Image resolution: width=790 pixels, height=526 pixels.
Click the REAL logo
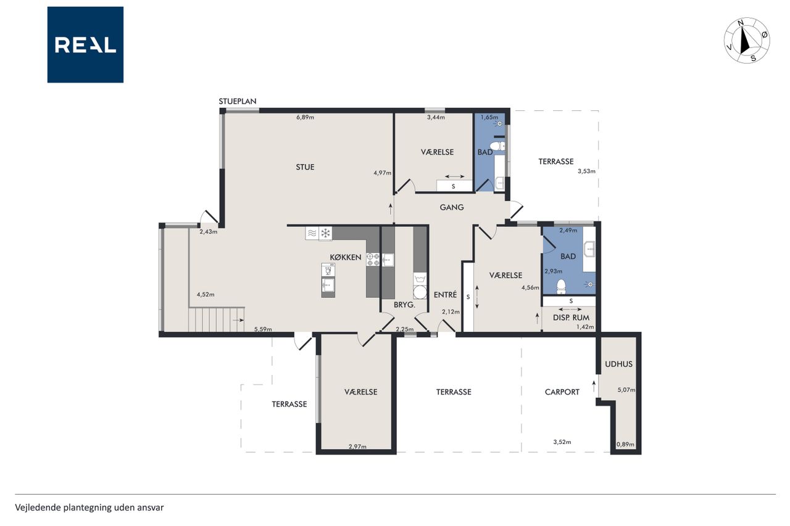(x=85, y=45)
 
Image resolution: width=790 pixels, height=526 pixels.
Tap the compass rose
(x=747, y=41)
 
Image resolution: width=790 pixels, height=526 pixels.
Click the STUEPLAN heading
(x=238, y=102)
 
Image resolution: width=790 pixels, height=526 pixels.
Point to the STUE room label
(x=305, y=167)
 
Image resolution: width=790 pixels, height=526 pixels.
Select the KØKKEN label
(x=346, y=258)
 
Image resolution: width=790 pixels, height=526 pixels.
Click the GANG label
(x=451, y=207)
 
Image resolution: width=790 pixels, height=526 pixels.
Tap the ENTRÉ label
(x=445, y=295)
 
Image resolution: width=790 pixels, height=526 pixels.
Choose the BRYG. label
(x=404, y=305)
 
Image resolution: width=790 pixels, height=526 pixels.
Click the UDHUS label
(x=618, y=364)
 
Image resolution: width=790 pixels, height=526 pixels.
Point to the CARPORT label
(x=562, y=392)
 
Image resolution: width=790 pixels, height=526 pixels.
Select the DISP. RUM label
(x=571, y=318)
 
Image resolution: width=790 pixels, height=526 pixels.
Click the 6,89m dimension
(x=305, y=117)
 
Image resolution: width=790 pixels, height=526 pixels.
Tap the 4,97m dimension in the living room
(x=382, y=173)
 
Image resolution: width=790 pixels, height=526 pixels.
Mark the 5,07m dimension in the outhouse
(x=626, y=390)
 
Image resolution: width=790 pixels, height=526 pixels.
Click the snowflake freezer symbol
(x=325, y=233)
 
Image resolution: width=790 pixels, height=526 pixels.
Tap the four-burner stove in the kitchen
(x=373, y=260)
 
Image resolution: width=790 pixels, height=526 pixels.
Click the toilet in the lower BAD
(x=561, y=286)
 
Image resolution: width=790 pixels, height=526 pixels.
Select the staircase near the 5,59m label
(x=216, y=319)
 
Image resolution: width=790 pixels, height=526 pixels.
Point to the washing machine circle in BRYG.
(x=420, y=292)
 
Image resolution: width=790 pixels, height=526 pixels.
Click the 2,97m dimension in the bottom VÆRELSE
(x=357, y=446)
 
